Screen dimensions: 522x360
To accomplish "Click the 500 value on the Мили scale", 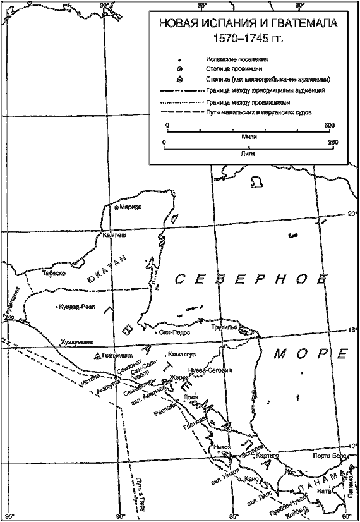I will [328, 126].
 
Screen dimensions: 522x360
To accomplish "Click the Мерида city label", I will [131, 207].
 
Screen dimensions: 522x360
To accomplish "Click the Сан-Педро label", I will [174, 331].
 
